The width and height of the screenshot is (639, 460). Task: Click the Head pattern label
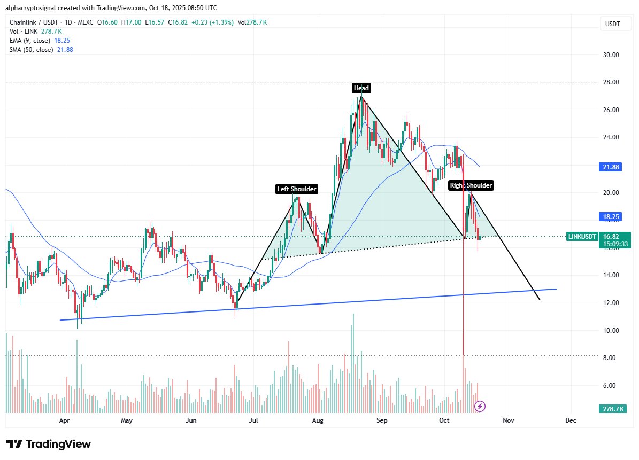point(361,88)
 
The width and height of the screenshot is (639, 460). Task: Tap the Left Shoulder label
point(296,189)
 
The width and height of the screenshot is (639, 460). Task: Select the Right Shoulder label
point(471,185)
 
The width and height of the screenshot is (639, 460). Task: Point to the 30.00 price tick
point(608,54)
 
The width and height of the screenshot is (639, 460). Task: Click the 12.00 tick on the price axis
point(608,303)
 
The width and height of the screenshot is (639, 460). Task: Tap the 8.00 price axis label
point(608,358)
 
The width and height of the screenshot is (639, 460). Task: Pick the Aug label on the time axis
point(318,420)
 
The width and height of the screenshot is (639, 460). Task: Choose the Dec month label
point(571,420)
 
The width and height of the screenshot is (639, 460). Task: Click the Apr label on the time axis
point(65,420)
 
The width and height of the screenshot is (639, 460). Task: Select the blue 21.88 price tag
point(607,167)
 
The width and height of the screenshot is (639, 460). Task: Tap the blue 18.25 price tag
point(607,217)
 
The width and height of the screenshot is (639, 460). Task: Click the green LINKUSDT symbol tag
point(582,236)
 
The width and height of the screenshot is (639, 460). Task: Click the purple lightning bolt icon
point(480,407)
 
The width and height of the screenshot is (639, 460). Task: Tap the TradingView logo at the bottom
point(49,444)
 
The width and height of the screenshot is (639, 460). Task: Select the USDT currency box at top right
point(612,24)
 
